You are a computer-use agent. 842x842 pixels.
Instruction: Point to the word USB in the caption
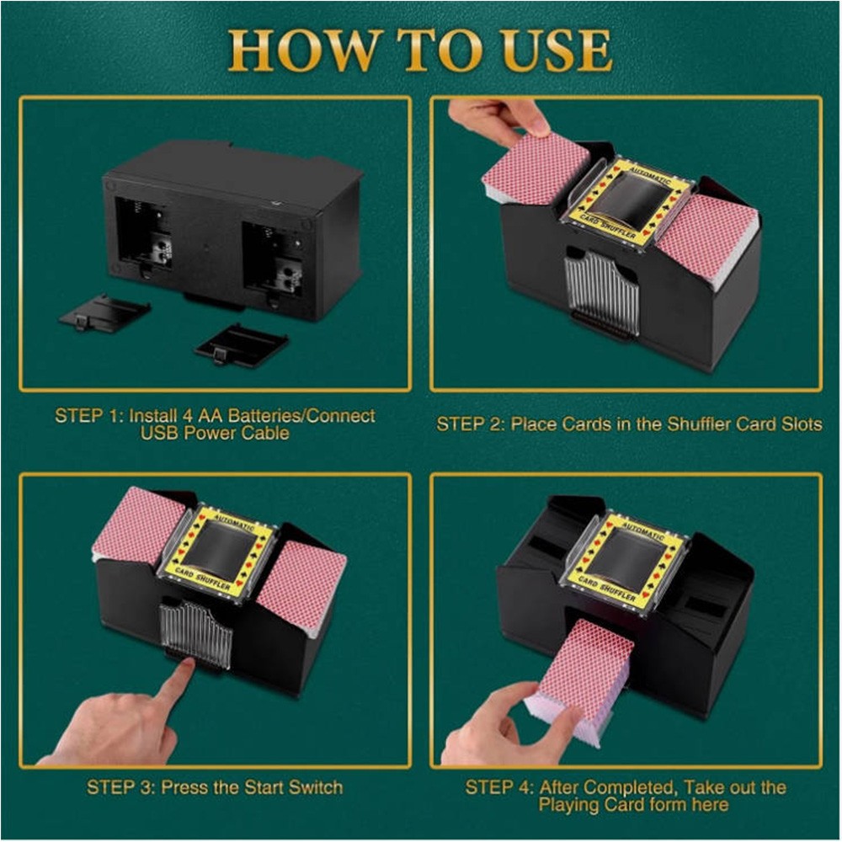click(159, 433)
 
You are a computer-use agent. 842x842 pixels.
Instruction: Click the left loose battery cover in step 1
click(104, 312)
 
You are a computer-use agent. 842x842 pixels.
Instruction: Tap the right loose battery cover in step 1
click(241, 344)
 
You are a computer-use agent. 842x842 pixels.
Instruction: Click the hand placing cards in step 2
click(497, 120)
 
